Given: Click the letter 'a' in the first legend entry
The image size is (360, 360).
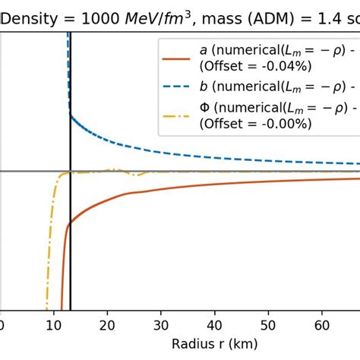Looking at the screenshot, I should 204,50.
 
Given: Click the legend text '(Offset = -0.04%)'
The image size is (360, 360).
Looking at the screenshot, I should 248,66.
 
